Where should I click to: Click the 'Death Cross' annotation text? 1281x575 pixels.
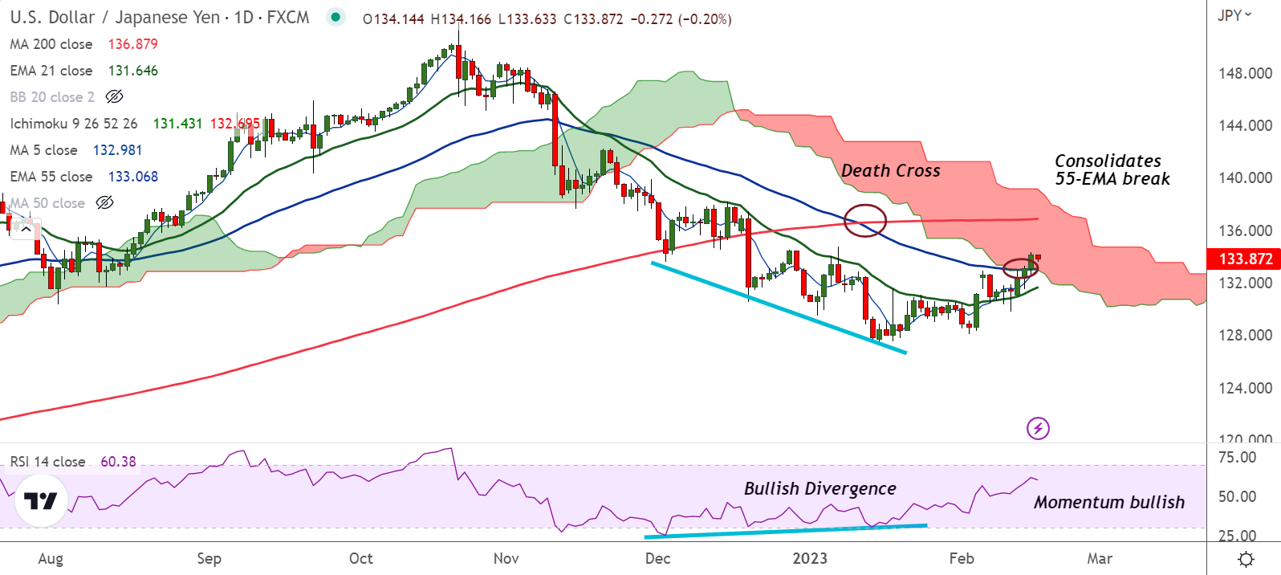click(890, 171)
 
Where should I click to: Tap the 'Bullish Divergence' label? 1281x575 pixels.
click(819, 489)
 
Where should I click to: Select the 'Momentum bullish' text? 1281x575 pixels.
click(1108, 503)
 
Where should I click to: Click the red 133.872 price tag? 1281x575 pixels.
click(1245, 259)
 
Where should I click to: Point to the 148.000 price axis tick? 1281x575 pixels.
click(1245, 73)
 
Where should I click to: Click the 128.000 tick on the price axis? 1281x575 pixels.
click(1245, 336)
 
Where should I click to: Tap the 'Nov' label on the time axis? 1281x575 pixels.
click(506, 558)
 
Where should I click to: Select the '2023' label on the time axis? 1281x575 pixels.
click(809, 558)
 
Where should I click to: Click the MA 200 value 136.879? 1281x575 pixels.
click(133, 44)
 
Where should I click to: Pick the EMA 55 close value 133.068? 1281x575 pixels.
click(133, 177)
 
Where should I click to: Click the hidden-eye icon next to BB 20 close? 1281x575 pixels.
click(115, 97)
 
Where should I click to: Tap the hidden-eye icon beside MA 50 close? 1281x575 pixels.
click(105, 203)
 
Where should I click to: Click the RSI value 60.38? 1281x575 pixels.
click(118, 462)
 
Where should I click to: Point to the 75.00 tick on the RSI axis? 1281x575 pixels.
click(1237, 458)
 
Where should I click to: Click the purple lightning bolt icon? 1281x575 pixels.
click(1038, 428)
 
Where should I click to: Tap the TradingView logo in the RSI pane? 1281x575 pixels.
click(40, 501)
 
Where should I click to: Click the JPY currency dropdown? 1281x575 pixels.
click(1234, 15)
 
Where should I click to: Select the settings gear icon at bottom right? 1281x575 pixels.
click(1246, 559)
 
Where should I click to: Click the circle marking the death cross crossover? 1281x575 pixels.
click(865, 220)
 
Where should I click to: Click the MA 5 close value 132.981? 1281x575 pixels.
click(117, 150)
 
